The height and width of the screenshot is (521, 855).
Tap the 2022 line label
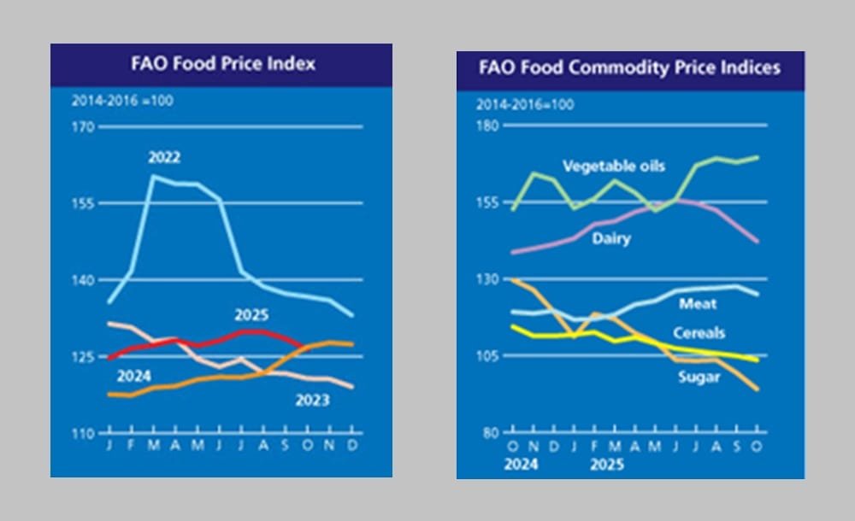[163, 158]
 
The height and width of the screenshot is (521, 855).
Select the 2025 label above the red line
[251, 315]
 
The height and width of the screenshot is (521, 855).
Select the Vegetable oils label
[614, 166]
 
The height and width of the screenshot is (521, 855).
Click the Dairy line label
[611, 239]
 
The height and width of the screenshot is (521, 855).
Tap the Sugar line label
[697, 377]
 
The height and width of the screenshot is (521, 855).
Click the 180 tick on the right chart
[487, 126]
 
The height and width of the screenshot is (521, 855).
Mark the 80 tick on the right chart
[491, 433]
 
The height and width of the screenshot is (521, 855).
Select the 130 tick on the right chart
[487, 279]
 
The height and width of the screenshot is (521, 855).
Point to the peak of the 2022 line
[154, 176]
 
